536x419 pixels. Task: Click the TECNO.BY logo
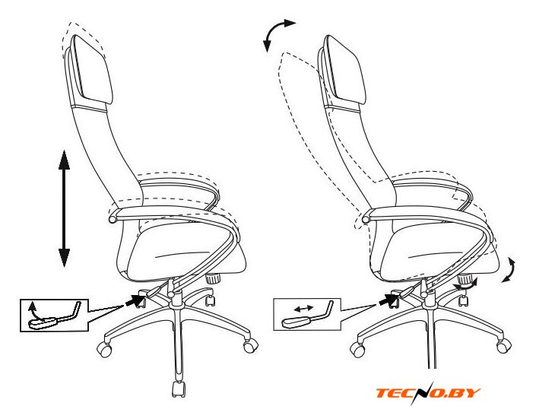428,393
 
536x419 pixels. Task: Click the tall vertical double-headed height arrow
65,208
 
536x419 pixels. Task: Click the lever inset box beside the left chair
54,316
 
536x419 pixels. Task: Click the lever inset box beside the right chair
307,314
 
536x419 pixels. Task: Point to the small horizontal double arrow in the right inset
303,309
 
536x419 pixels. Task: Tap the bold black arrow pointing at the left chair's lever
135,300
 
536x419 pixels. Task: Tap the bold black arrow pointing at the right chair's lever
389,300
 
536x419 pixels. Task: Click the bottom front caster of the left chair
179,389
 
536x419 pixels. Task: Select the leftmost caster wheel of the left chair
104,349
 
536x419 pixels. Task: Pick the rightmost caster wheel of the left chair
251,345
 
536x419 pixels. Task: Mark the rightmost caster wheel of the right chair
504,346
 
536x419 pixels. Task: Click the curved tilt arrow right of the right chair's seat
509,270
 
